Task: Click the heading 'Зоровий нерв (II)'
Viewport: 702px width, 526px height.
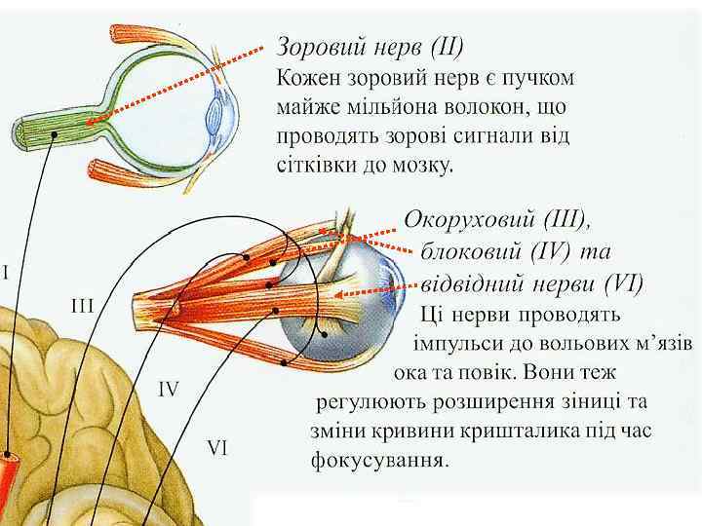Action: [x=370, y=46]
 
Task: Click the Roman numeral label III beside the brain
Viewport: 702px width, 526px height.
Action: [x=82, y=306]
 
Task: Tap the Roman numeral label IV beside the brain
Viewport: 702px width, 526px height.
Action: [x=169, y=389]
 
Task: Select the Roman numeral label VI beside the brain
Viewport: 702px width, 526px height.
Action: [x=217, y=448]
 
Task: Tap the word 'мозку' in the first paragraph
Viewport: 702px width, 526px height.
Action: [x=423, y=165]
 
